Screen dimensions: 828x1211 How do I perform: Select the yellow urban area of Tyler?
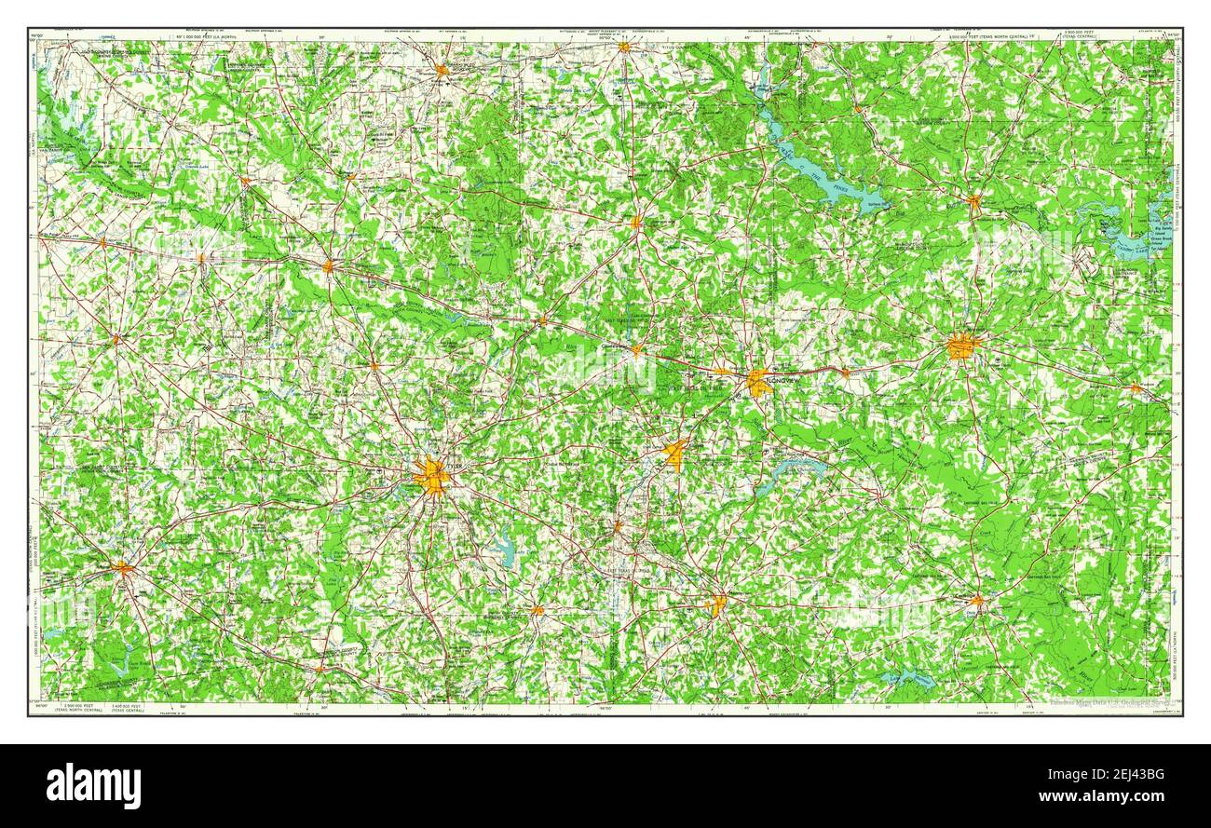click(431, 477)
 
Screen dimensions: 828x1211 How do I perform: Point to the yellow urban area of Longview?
click(758, 382)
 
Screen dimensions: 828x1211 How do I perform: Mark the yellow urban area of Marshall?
click(963, 346)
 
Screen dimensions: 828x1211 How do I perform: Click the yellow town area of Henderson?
click(716, 605)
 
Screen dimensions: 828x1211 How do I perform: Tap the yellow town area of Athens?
click(122, 566)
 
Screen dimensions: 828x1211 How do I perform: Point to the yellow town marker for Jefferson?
click(973, 200)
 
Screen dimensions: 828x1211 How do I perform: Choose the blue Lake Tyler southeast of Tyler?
click(505, 550)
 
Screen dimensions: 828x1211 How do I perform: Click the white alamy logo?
click(93, 785)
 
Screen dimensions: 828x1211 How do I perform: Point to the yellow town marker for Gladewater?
click(637, 350)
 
